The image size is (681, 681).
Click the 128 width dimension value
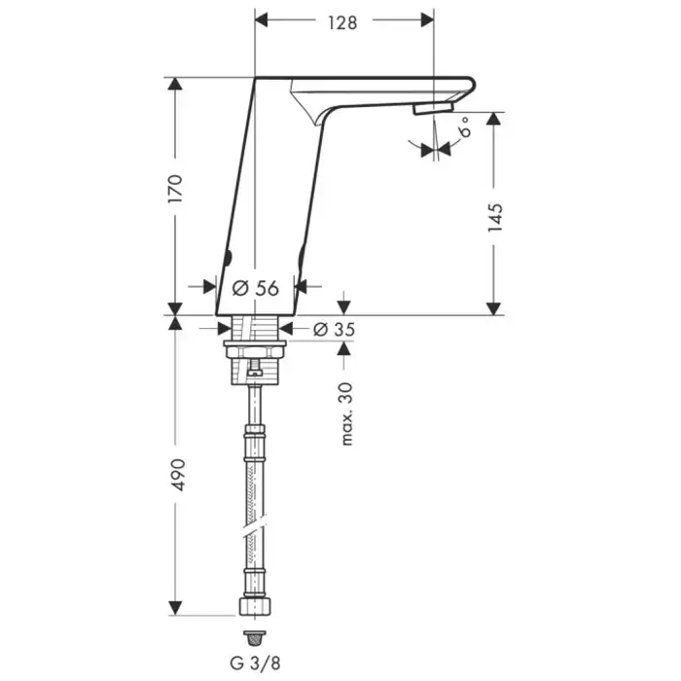point(342,23)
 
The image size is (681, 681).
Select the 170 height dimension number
point(175,189)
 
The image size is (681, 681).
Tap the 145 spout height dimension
point(495,217)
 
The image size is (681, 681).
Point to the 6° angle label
point(465,126)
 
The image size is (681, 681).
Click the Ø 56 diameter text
point(255,288)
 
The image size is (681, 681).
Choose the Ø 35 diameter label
point(334,329)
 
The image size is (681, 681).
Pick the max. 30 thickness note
point(346,413)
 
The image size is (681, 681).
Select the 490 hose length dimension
point(178,475)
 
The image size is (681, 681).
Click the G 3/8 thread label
point(255,663)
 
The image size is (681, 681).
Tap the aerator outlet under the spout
point(433,108)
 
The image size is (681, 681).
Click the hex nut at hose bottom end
point(255,606)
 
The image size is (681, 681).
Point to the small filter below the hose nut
point(255,637)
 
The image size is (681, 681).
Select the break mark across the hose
point(255,527)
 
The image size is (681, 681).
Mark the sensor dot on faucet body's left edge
point(228,258)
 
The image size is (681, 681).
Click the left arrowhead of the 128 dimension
point(262,20)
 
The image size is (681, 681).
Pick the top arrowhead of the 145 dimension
point(493,119)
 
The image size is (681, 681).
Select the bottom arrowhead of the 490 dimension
point(175,608)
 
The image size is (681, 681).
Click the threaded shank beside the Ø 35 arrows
point(255,328)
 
